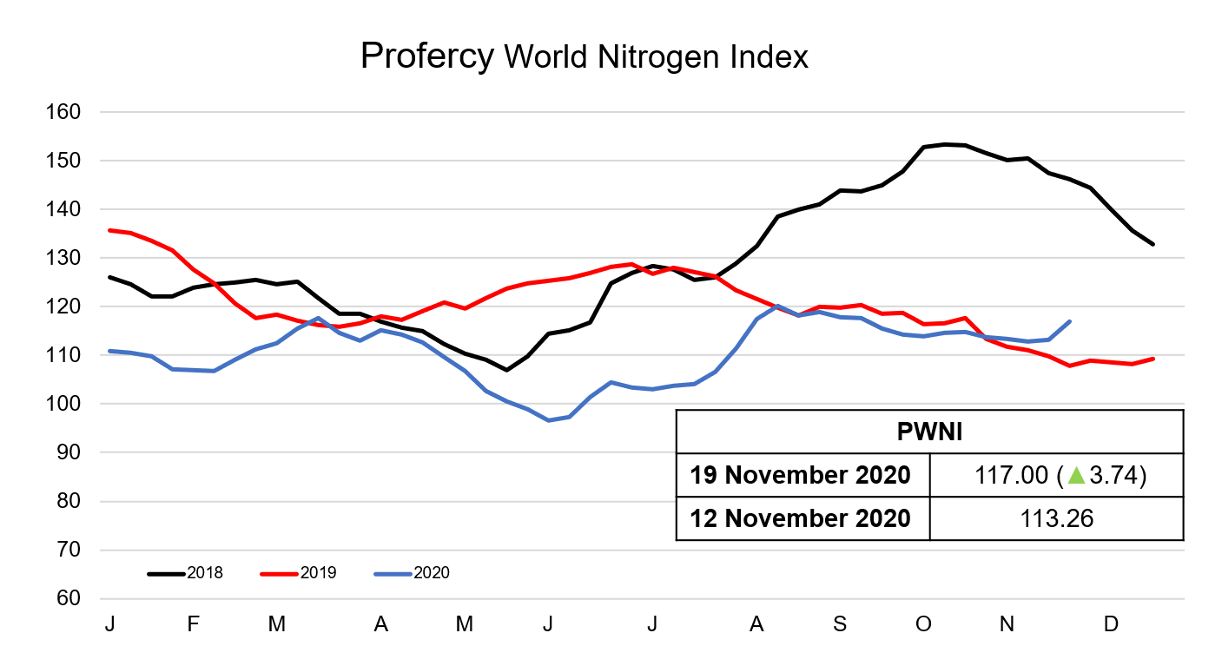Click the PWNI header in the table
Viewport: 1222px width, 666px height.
click(928, 432)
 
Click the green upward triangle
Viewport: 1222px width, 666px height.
click(1076, 475)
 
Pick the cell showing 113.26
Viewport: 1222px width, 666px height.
click(1056, 518)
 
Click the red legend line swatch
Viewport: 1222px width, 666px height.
click(280, 574)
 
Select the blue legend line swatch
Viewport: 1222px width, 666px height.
click(393, 574)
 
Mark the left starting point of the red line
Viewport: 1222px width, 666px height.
click(109, 230)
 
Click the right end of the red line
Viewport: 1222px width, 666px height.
click(1153, 358)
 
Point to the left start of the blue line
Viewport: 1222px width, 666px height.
click(109, 351)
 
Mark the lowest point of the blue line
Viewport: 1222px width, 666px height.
click(549, 420)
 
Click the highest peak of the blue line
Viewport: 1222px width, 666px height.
click(777, 306)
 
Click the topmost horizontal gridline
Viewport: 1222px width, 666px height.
click(643, 111)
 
